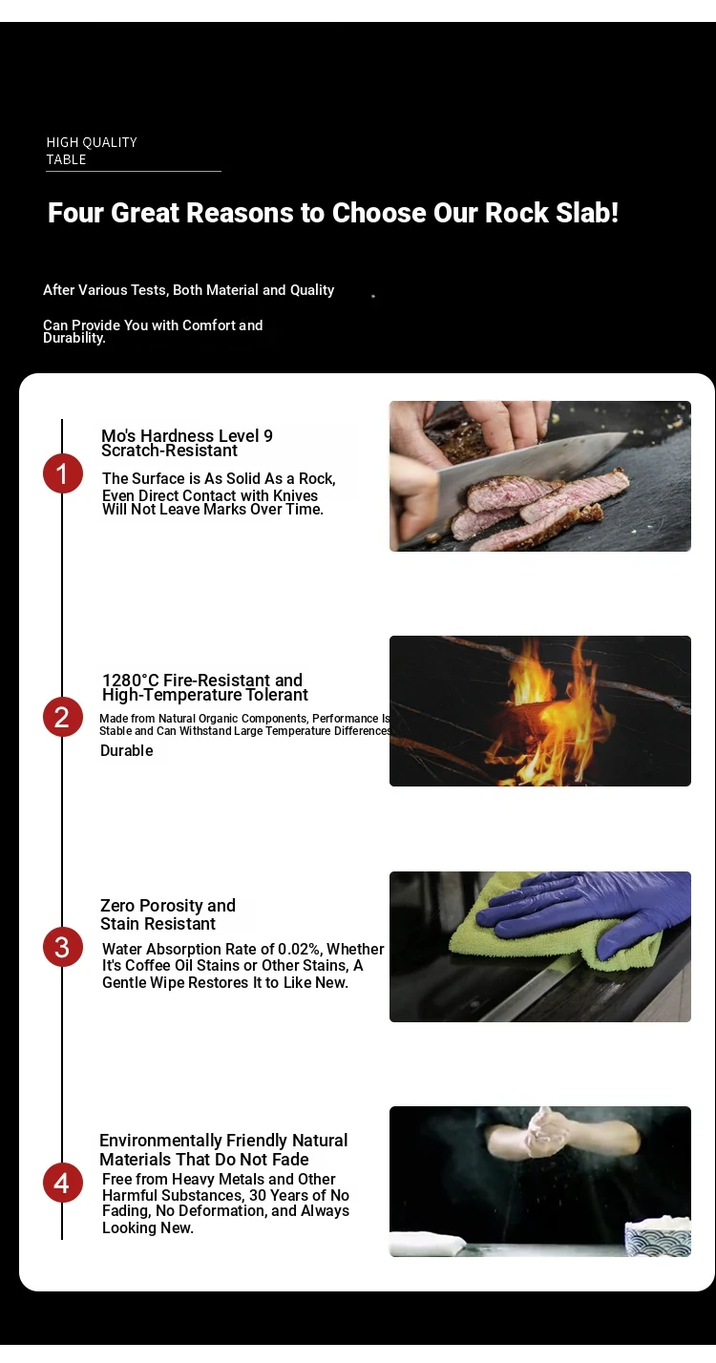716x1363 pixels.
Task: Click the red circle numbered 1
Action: click(x=63, y=473)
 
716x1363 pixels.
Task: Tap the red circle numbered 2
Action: click(x=63, y=717)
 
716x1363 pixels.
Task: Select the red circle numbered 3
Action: click(x=63, y=947)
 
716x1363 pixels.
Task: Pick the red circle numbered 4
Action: click(x=63, y=1183)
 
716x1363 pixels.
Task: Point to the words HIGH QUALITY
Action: click(x=92, y=142)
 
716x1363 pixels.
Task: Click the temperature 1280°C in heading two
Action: click(x=130, y=680)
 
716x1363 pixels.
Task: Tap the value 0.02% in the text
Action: click(x=300, y=949)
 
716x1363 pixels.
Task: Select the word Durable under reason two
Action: click(x=127, y=751)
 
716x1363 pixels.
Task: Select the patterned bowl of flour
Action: click(x=658, y=1236)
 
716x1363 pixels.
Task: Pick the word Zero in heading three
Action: click(x=117, y=906)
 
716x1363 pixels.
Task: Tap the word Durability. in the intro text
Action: click(x=74, y=338)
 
